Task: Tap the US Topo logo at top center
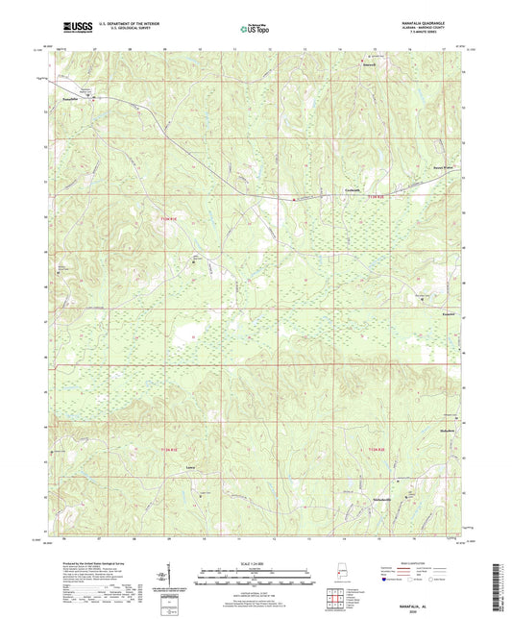250,30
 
